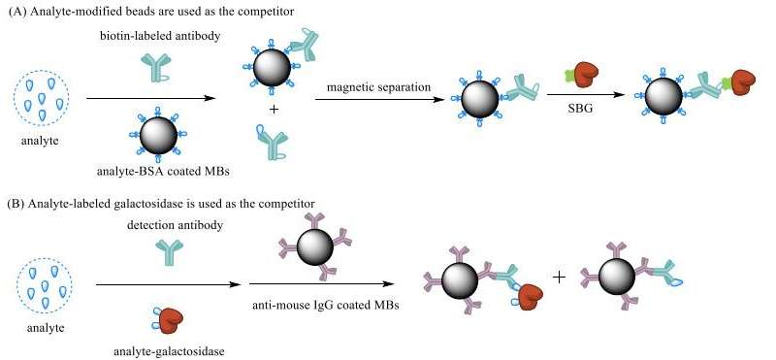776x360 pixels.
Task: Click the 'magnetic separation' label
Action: click(x=375, y=88)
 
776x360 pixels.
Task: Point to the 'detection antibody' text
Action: click(x=155, y=226)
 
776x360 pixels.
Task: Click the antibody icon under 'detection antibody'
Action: click(x=155, y=254)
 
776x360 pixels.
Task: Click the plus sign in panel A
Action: click(x=274, y=110)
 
